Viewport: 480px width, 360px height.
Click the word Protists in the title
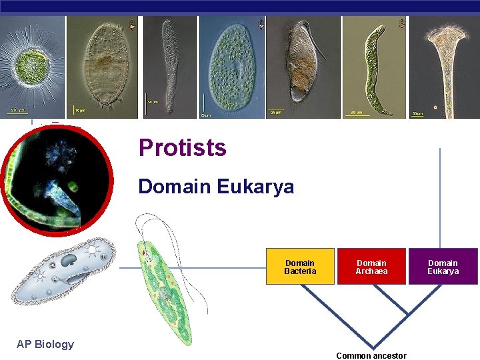point(182,147)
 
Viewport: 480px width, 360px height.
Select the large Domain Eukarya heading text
point(215,187)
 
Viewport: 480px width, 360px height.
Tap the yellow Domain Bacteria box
point(300,267)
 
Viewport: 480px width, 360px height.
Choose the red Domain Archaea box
point(371,267)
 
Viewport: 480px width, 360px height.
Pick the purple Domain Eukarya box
point(443,267)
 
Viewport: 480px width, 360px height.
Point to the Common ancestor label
point(371,355)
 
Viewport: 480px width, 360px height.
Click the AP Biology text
point(45,344)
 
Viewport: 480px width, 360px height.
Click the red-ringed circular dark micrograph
point(56,179)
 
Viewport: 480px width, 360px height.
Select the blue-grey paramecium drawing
point(63,270)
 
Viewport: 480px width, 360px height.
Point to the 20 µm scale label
point(356,113)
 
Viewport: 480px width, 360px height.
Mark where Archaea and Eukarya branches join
point(407,314)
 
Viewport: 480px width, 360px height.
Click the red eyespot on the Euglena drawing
point(142,253)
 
